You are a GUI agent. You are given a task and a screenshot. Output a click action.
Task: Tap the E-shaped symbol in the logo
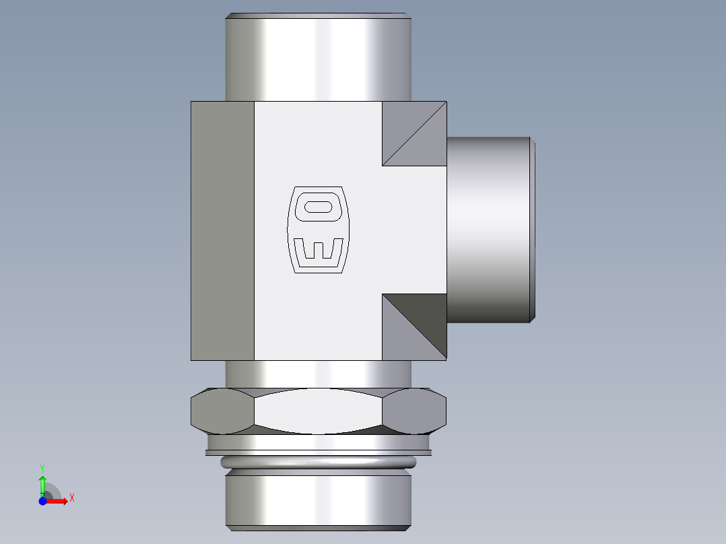pyautogui.click(x=319, y=248)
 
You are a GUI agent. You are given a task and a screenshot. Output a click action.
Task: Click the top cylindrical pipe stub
pyautogui.click(x=317, y=57)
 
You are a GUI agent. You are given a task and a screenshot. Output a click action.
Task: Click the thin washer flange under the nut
pyautogui.click(x=317, y=445)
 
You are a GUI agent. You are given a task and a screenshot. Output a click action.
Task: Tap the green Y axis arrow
pyautogui.click(x=42, y=483)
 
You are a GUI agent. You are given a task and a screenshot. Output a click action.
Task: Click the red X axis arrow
pyautogui.click(x=59, y=501)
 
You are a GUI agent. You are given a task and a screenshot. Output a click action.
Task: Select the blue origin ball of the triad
pyautogui.click(x=42, y=501)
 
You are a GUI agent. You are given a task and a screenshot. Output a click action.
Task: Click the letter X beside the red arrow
pyautogui.click(x=71, y=498)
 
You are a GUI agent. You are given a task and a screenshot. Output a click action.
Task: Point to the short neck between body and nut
pyautogui.click(x=317, y=374)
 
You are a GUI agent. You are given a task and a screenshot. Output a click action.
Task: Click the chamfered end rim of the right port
pyautogui.click(x=533, y=229)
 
